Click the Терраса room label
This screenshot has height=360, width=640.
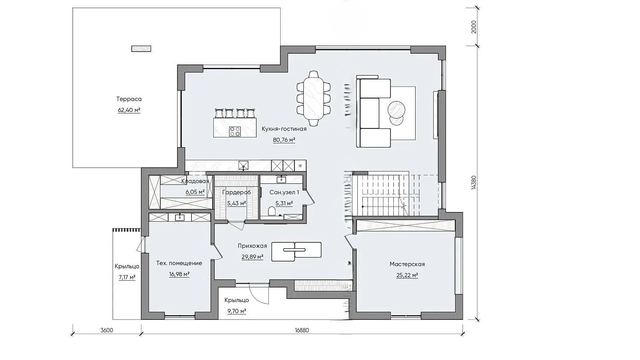(x=129, y=99)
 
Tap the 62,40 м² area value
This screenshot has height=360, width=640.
(x=129, y=110)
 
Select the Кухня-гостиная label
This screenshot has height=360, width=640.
(x=284, y=129)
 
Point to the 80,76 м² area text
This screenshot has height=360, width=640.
(x=284, y=140)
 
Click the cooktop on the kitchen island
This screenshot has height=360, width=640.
(x=235, y=131)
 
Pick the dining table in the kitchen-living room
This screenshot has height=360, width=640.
(x=314, y=98)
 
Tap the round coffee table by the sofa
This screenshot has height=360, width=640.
(x=396, y=109)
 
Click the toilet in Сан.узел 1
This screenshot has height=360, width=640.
(x=272, y=212)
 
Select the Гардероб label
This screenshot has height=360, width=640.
(x=236, y=192)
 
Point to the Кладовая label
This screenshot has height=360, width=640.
(x=195, y=181)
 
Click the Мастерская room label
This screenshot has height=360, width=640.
(x=407, y=264)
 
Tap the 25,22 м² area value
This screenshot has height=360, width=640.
(x=407, y=276)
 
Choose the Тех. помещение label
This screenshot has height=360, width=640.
(x=179, y=263)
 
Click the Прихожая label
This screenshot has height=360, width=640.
(x=252, y=246)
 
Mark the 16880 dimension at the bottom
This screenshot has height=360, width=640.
(x=302, y=330)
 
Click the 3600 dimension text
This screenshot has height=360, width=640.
(x=107, y=330)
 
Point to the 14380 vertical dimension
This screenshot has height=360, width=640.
(x=474, y=183)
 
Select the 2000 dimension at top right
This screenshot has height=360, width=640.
(x=474, y=27)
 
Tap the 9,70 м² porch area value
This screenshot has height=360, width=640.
(x=237, y=311)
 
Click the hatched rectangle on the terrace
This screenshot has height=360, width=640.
(x=141, y=49)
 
